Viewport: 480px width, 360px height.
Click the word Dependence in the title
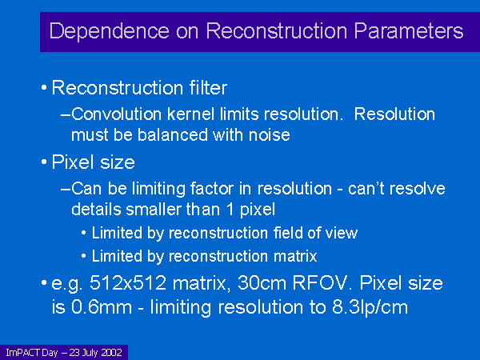click(110, 31)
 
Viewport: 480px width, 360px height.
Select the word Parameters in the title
click(409, 31)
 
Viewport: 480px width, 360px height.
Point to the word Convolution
click(116, 114)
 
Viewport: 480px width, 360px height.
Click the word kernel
click(191, 114)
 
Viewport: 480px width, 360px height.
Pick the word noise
click(270, 135)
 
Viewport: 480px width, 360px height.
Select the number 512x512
click(128, 283)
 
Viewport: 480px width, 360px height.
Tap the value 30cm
click(262, 283)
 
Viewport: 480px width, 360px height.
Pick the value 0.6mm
click(102, 306)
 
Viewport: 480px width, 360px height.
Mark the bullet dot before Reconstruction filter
click(44, 88)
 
